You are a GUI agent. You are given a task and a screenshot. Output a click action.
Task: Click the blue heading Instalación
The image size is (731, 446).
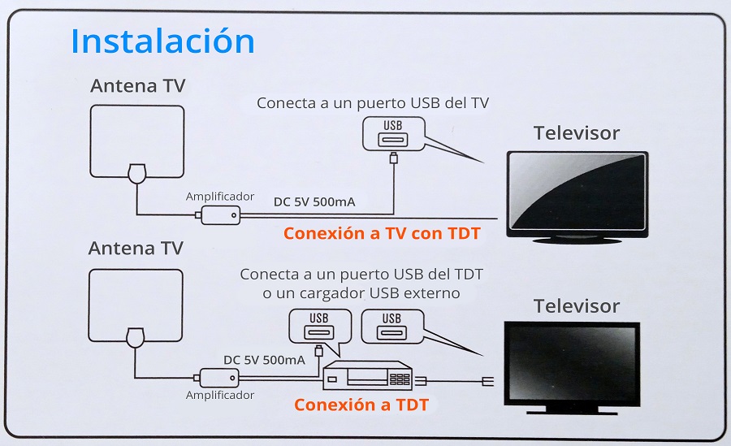(x=162, y=41)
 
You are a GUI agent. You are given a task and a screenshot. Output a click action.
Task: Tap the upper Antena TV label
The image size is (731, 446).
(x=138, y=86)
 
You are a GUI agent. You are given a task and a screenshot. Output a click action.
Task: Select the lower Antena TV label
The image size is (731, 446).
(x=136, y=249)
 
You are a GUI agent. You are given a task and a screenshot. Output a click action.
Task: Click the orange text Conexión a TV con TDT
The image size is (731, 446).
(x=382, y=233)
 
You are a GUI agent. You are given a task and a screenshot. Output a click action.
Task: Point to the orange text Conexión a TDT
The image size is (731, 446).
(x=361, y=405)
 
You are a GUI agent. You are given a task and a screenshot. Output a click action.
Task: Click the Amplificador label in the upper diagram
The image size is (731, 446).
(x=220, y=197)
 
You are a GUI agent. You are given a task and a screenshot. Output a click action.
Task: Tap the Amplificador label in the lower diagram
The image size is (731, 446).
(x=220, y=395)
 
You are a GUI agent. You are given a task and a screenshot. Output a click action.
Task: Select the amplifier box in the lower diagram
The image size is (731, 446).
(x=219, y=378)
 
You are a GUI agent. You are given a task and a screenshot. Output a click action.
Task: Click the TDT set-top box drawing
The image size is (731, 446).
(x=368, y=376)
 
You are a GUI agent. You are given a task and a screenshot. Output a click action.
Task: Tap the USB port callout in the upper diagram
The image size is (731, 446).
(x=394, y=134)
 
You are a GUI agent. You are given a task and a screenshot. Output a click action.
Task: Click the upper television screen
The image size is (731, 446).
(x=577, y=192)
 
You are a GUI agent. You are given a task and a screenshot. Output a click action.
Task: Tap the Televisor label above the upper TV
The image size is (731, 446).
(x=577, y=133)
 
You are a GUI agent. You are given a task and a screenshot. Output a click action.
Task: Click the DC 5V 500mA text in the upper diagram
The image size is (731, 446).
(x=314, y=202)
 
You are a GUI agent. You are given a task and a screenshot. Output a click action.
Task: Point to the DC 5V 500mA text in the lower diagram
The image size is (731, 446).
(x=264, y=360)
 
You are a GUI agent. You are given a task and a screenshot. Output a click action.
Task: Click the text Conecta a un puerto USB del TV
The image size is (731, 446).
(x=373, y=103)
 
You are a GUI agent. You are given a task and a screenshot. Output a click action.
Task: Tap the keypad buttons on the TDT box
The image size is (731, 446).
(x=400, y=379)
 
